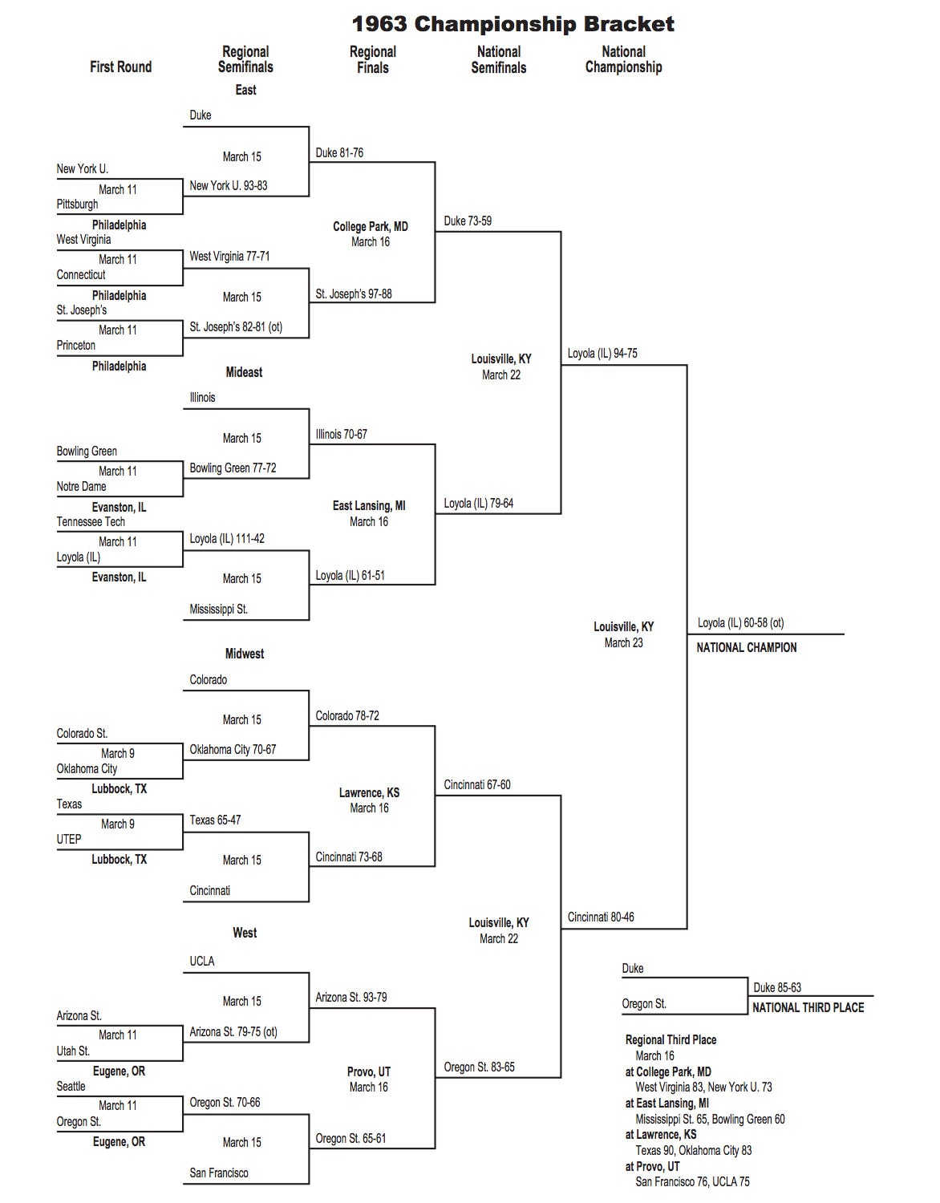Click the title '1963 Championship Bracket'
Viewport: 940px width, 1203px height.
pyautogui.click(x=513, y=24)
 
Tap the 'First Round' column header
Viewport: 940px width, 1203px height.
pyautogui.click(x=120, y=67)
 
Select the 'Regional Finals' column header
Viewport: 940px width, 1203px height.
pyautogui.click(x=372, y=59)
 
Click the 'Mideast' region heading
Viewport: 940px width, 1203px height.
pyautogui.click(x=244, y=372)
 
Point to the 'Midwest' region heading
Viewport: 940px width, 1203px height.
pyautogui.click(x=244, y=654)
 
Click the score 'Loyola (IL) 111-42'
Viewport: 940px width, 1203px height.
pyautogui.click(x=227, y=539)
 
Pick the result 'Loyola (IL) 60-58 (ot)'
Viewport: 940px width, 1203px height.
pyautogui.click(x=740, y=622)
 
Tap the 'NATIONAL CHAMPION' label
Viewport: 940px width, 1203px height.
pyautogui.click(x=746, y=647)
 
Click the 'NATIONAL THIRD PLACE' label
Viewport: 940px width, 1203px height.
pyautogui.click(x=808, y=1007)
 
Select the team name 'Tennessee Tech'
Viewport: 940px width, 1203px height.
pyautogui.click(x=91, y=521)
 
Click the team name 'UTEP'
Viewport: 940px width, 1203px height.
pyautogui.click(x=69, y=839)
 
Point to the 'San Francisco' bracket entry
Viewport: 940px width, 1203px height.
pyautogui.click(x=219, y=1173)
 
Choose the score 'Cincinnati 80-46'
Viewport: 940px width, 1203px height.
pyautogui.click(x=601, y=917)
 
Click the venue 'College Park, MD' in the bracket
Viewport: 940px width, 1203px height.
pyautogui.click(x=371, y=227)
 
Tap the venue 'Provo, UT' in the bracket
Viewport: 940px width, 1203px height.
pyautogui.click(x=369, y=1071)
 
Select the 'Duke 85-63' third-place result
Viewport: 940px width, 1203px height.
pyautogui.click(x=777, y=987)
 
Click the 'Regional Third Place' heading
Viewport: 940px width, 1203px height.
pyautogui.click(x=671, y=1039)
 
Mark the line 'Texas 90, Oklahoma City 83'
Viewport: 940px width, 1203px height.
pyautogui.click(x=694, y=1150)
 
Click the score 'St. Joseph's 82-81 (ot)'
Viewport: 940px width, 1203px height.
pyautogui.click(x=236, y=327)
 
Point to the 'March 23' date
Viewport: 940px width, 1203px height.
pyautogui.click(x=623, y=642)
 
